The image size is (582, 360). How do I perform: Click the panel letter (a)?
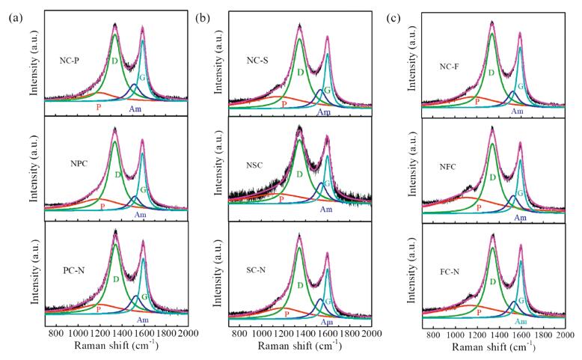click(14, 16)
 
